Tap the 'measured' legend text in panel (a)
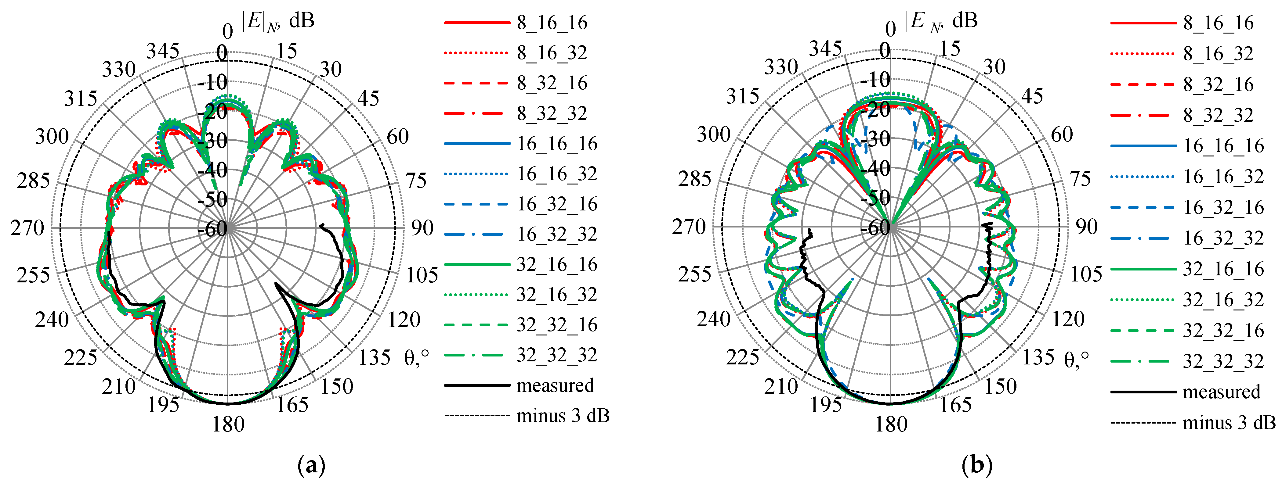556,385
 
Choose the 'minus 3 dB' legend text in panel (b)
1229,423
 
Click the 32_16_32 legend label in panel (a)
557,295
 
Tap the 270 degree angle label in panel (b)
689,227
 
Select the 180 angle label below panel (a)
228,424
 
